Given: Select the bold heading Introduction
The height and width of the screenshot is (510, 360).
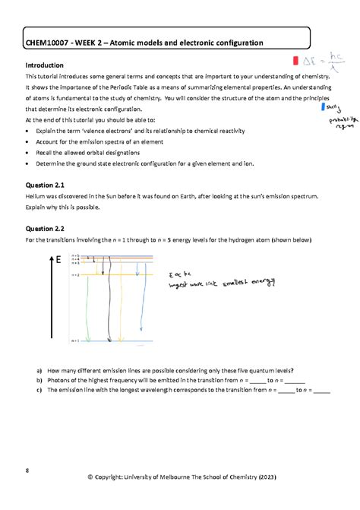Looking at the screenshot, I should (46, 65).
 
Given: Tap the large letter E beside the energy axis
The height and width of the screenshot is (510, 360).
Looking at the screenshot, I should (58, 261).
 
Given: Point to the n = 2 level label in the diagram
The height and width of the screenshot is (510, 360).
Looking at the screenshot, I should (75, 274).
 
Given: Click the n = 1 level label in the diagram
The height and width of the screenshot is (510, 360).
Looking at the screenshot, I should (75, 342).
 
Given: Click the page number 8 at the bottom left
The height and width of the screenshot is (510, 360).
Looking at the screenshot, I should (27, 470).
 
